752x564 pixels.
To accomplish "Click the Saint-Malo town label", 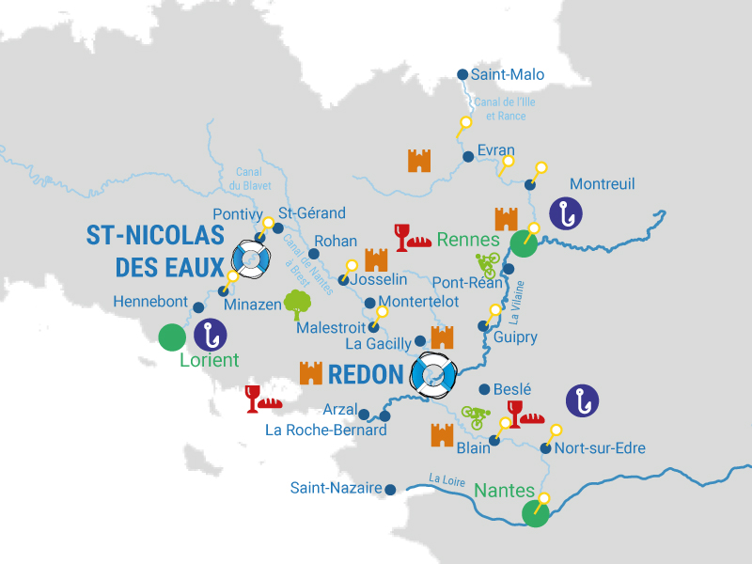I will coord(508,75).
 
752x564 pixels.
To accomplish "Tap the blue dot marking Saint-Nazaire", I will coord(390,489).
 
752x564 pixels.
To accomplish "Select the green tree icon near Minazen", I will coord(298,303).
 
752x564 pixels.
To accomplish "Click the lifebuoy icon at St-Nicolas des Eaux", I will coord(251,259).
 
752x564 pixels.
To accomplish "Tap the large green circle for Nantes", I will coord(535,514).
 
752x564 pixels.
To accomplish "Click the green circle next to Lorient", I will coord(172,337).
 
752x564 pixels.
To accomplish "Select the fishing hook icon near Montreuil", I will coord(566,214).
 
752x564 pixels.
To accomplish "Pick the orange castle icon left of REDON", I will coord(310,373).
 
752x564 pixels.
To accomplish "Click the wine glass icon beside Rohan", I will coord(403,237).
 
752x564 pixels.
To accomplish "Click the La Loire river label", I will coord(447,479).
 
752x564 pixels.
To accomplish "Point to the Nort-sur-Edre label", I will coord(600,448).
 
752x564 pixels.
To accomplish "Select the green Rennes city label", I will coord(467,239).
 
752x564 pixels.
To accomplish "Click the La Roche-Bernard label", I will coord(326,431).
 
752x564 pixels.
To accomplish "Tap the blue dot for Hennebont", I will coord(198,306).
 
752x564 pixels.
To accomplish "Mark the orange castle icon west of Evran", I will coord(418,160).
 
